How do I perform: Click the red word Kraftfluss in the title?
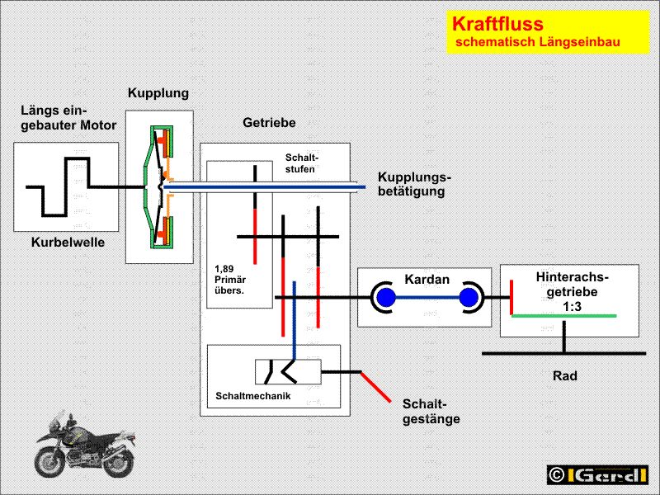pyautogui.click(x=497, y=24)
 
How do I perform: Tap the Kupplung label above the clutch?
pyautogui.click(x=158, y=93)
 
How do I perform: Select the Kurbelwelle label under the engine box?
pyautogui.click(x=68, y=243)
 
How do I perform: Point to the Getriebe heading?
pyautogui.click(x=269, y=122)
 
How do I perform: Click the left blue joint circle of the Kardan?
pyautogui.click(x=386, y=298)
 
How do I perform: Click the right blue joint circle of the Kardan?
pyautogui.click(x=469, y=298)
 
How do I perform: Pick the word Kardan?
pyautogui.click(x=427, y=279)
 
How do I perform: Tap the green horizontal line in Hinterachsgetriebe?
pyautogui.click(x=564, y=316)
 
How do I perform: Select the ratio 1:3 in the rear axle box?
pyautogui.click(x=572, y=306)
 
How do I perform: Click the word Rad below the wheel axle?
pyautogui.click(x=564, y=375)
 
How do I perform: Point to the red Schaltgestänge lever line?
pyautogui.click(x=376, y=387)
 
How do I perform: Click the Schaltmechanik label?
pyautogui.click(x=253, y=396)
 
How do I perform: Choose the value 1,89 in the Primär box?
pyautogui.click(x=224, y=269)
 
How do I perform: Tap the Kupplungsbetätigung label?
pyautogui.click(x=414, y=184)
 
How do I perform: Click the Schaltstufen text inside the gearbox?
pyautogui.click(x=302, y=163)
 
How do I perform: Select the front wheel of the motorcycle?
pyautogui.click(x=50, y=462)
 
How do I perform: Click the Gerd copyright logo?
pyautogui.click(x=597, y=475)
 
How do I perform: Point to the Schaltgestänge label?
pyautogui.click(x=431, y=411)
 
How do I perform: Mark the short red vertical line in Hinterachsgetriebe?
pyautogui.click(x=511, y=297)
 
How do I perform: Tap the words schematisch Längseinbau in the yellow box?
pyautogui.click(x=538, y=42)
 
